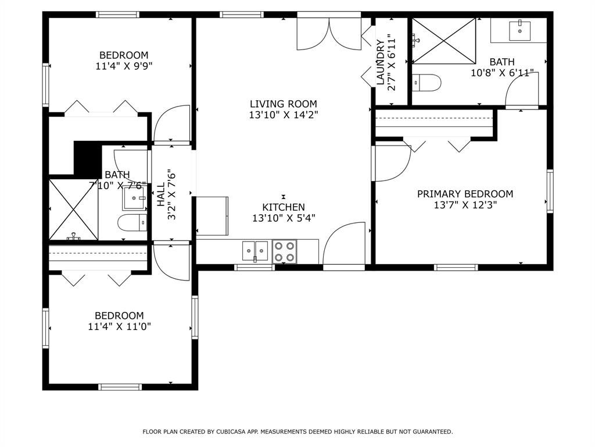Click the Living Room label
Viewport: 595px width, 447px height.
tap(283, 104)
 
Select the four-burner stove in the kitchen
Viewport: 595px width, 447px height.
tap(285, 251)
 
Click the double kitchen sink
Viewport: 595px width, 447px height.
tap(255, 251)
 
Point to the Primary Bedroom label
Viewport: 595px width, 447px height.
tap(465, 194)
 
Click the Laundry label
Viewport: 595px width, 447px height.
tap(381, 62)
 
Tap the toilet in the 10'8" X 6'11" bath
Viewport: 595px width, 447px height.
tap(426, 82)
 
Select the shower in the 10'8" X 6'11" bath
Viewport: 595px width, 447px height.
tap(444, 41)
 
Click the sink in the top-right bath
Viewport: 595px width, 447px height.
tap(519, 30)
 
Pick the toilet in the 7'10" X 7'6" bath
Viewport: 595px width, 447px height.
tap(132, 222)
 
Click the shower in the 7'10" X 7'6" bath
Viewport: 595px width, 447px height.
tap(73, 210)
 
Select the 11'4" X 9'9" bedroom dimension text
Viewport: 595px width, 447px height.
tap(124, 66)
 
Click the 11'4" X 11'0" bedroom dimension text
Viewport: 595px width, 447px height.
tap(120, 327)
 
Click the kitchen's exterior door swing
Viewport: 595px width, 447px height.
tap(345, 244)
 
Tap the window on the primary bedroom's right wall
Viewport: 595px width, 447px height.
tap(550, 191)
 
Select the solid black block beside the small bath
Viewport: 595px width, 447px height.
tap(88, 158)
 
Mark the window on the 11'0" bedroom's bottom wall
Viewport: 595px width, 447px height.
tap(120, 386)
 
